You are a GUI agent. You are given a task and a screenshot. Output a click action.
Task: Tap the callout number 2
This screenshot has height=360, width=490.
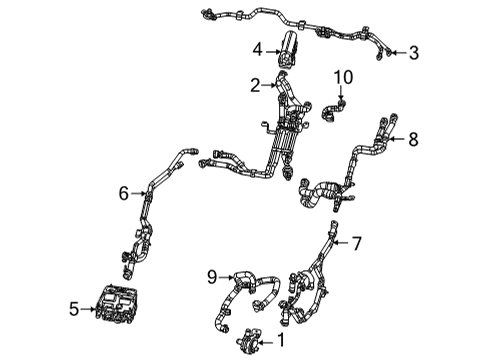(255, 85)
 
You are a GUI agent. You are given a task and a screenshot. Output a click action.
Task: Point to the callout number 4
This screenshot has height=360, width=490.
(257, 48)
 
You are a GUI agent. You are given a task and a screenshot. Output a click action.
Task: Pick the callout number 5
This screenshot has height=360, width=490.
(73, 310)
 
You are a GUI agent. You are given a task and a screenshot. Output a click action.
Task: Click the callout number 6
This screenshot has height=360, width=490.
(125, 194)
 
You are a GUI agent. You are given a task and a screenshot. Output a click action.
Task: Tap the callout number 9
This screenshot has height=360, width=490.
(212, 275)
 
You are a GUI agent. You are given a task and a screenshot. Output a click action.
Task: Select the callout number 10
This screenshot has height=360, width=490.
(344, 77)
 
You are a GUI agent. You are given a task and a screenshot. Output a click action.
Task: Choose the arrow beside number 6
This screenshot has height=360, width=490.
(139, 194)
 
